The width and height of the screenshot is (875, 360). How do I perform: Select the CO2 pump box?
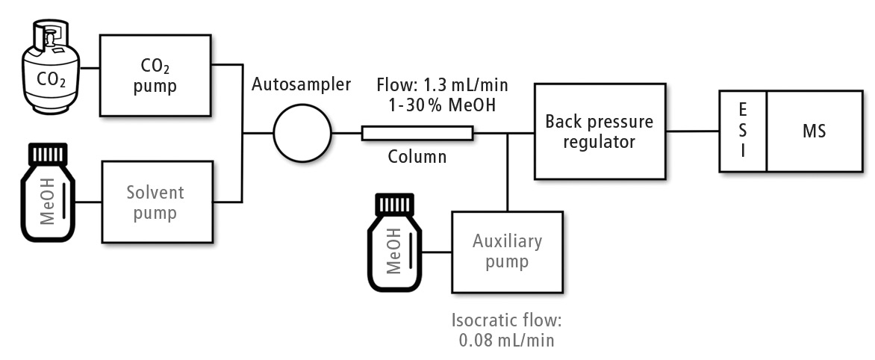(155, 75)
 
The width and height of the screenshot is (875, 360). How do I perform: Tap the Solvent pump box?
(155, 201)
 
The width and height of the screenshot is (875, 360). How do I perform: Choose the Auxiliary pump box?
(507, 252)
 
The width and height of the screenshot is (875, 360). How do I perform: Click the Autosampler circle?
(302, 134)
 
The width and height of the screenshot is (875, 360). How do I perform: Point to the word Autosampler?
(301, 84)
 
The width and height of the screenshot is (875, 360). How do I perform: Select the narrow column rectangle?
(417, 134)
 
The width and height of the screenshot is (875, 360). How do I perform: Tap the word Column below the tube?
(417, 157)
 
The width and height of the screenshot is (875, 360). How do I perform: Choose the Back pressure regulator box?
(600, 131)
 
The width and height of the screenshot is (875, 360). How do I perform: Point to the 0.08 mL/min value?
(506, 340)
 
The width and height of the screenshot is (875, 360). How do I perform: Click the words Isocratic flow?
(506, 321)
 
